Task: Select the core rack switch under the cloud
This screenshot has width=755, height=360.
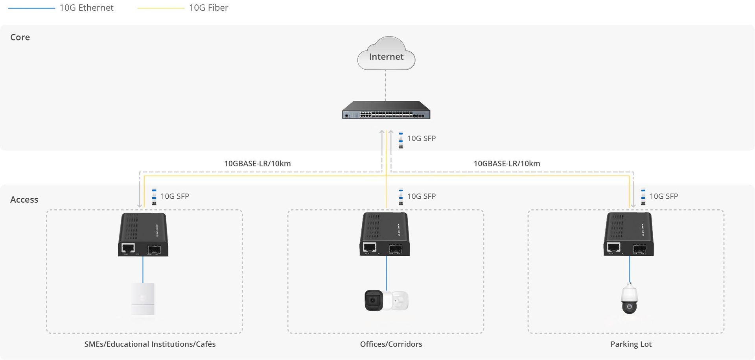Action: click(386, 110)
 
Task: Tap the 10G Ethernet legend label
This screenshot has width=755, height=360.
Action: click(87, 8)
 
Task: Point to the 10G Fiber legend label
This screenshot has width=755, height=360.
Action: click(208, 8)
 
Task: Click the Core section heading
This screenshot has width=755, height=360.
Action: click(20, 37)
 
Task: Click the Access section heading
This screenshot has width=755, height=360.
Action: click(24, 199)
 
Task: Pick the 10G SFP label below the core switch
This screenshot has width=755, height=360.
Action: click(421, 138)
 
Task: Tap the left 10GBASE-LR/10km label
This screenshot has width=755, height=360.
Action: click(258, 164)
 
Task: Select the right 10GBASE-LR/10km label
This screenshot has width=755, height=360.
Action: click(506, 164)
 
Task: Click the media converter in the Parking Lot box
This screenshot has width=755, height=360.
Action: click(628, 234)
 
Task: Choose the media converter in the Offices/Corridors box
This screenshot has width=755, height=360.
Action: click(385, 234)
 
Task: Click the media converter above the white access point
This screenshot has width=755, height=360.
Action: click(143, 235)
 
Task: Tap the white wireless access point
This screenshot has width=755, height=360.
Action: click(143, 299)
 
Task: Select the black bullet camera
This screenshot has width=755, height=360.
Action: click(374, 301)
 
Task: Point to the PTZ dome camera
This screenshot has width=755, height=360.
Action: click(629, 299)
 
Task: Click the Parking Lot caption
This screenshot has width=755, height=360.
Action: click(631, 344)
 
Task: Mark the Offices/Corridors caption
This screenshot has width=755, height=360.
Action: click(391, 344)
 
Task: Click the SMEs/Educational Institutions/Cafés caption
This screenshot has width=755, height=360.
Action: click(150, 344)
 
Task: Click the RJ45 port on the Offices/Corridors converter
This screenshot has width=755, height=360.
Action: click(370, 247)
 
